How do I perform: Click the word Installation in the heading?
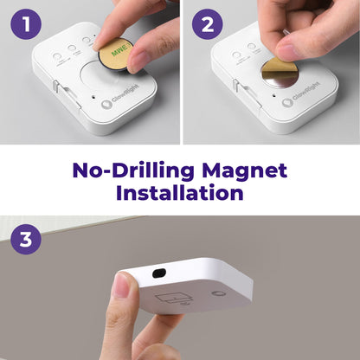pos(180,193)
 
